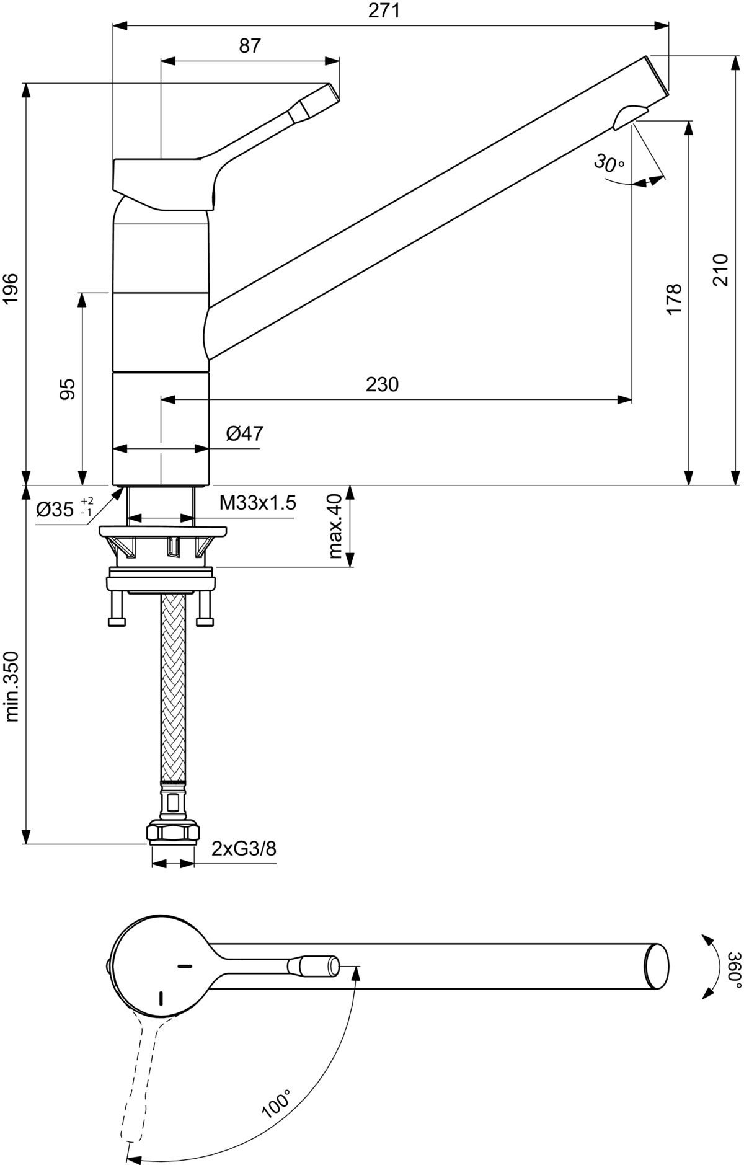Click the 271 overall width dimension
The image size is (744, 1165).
point(384,11)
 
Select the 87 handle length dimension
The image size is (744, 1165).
point(250,46)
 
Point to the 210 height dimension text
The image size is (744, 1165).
point(720,270)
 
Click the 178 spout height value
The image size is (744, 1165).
point(675,299)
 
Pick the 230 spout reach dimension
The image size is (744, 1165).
point(382,384)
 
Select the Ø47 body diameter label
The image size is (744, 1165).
point(245,433)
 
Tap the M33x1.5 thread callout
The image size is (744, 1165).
point(258,503)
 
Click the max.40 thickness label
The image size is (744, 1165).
point(336,526)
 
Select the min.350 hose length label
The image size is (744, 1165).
point(12,686)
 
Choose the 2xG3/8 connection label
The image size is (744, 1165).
point(244,848)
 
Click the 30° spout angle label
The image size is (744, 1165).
point(609,163)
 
